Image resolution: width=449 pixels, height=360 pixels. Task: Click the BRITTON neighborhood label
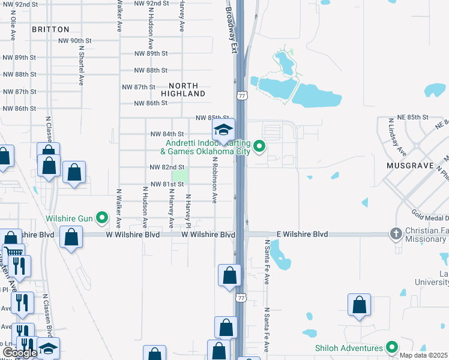point(50,29)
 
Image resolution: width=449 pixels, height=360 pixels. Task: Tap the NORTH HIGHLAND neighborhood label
point(183,90)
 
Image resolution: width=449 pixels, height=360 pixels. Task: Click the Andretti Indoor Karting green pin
point(259,145)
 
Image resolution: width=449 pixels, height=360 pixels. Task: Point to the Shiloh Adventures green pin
point(391,347)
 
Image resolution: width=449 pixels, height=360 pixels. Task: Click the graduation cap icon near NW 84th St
point(223,130)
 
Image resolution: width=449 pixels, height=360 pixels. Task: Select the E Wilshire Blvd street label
point(302,234)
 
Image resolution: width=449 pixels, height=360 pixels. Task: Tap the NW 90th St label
point(75,41)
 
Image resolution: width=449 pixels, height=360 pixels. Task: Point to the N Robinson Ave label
point(214,179)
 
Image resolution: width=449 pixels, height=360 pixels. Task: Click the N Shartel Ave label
point(80,67)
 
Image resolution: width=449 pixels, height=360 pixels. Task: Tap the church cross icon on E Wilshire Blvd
point(396,233)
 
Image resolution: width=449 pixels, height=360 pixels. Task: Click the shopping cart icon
point(13,252)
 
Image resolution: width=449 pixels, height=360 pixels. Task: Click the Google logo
point(19,353)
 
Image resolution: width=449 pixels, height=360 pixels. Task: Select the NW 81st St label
point(167,184)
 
